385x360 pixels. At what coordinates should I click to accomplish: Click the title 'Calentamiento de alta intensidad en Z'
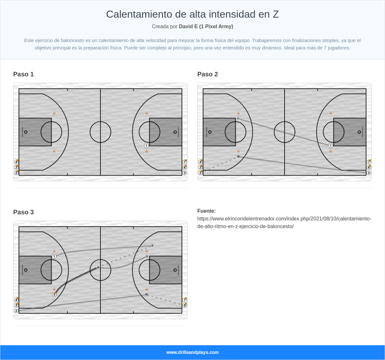click(x=193, y=14)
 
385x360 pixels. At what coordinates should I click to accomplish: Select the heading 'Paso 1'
click(x=23, y=74)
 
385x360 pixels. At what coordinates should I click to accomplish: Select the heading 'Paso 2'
click(x=208, y=74)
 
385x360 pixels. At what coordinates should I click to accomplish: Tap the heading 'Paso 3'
click(x=23, y=212)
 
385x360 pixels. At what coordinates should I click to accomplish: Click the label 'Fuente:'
click(x=207, y=211)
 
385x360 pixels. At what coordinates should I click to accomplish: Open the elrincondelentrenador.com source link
click(x=284, y=222)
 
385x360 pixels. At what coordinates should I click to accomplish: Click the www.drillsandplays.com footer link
click(x=193, y=352)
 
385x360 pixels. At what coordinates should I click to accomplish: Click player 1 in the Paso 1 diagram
click(x=147, y=146)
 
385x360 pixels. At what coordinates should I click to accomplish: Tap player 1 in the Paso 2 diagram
click(x=331, y=146)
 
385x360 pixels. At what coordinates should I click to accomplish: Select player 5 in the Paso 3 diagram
click(x=54, y=295)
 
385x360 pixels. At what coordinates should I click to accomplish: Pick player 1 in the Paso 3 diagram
click(x=54, y=256)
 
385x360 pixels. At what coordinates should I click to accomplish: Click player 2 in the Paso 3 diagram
click(x=16, y=311)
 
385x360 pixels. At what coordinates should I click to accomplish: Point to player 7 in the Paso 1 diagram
click(x=185, y=162)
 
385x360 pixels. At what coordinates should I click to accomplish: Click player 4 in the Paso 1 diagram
click(x=16, y=162)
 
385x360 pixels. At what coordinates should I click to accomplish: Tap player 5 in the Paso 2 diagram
click(x=369, y=173)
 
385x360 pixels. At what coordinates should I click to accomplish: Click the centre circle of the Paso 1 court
click(x=100, y=132)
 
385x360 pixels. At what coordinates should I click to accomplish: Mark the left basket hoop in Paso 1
click(x=26, y=132)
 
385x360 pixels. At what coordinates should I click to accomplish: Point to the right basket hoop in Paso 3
click(x=175, y=270)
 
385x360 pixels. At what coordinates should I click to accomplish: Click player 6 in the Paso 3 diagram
click(x=185, y=305)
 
